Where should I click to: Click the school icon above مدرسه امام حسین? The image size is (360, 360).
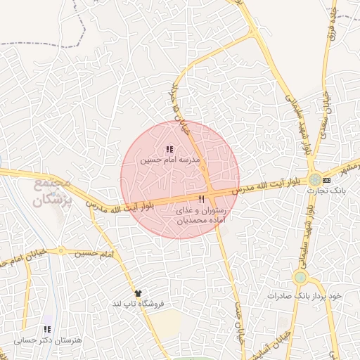click(169, 149)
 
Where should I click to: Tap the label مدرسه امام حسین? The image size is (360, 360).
click(170, 160)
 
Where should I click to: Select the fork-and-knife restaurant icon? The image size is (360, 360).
click(202, 200)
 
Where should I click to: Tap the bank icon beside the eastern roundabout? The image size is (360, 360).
click(326, 180)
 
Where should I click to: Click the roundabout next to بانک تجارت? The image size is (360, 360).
click(314, 179)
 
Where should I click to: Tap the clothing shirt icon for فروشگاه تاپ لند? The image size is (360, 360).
click(138, 293)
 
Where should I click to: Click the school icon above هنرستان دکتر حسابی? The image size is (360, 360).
click(46, 329)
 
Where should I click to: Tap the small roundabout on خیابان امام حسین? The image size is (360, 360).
click(62, 250)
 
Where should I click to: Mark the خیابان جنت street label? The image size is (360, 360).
click(238, 330)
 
